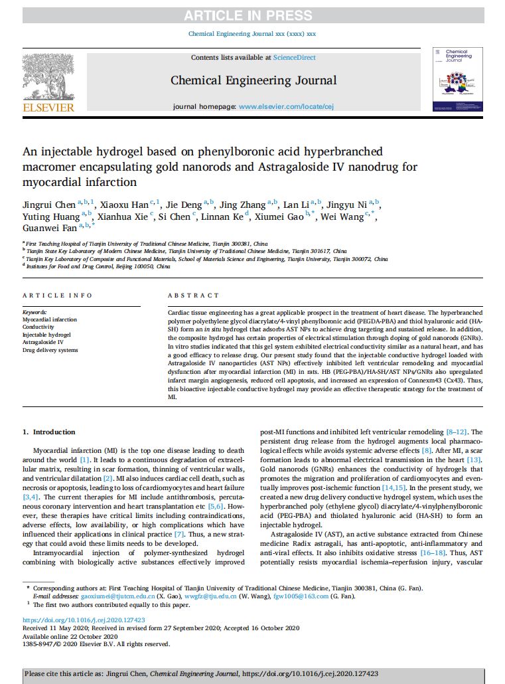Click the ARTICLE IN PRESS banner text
[252, 15]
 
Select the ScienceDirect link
[295, 58]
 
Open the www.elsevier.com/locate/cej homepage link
[287, 106]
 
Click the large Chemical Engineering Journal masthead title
[253, 80]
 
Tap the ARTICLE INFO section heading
[58, 296]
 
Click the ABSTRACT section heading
[193, 296]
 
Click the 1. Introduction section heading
[49, 432]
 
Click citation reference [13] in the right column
[474, 460]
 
